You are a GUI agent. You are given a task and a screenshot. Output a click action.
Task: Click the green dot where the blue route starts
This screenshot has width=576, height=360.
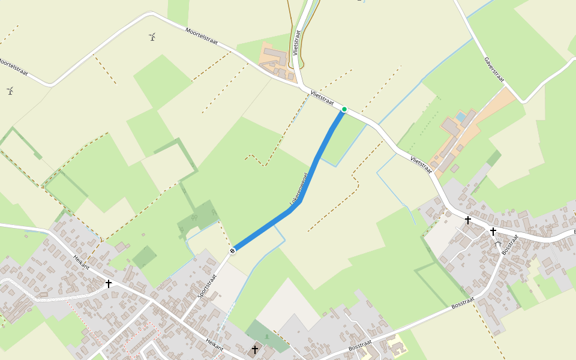point(344,109)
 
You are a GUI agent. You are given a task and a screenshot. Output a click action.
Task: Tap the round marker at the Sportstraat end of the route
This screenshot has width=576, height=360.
point(232,251)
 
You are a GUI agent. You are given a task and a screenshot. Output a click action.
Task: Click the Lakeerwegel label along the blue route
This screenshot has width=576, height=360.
point(299,191)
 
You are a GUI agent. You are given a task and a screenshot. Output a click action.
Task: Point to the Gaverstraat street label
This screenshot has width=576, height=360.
point(494,71)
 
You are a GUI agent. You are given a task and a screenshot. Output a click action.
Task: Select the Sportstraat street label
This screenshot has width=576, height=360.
point(207,287)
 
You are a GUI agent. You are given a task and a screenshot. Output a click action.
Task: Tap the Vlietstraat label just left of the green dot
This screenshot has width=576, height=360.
point(322,98)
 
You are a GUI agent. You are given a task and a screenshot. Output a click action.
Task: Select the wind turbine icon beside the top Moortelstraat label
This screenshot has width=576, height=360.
point(152,37)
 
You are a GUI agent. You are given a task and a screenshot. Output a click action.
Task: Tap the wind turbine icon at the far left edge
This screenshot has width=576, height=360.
point(10,91)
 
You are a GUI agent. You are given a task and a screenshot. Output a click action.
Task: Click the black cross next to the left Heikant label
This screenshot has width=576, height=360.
point(109,283)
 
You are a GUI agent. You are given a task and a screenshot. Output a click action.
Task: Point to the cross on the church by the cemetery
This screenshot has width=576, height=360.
point(255,349)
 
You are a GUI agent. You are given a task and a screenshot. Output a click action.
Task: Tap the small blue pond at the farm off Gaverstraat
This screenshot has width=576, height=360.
point(460,115)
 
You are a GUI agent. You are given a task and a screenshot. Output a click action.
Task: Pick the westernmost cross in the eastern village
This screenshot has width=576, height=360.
point(468,220)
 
